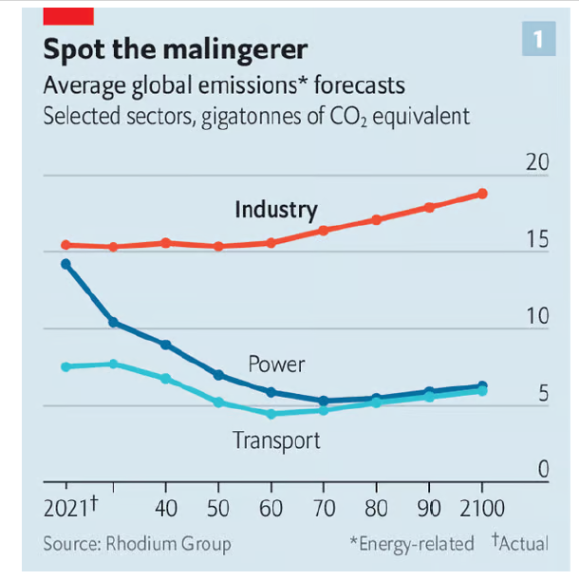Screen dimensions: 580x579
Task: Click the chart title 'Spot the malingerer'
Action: pos(176,48)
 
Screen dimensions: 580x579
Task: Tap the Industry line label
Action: pos(276,210)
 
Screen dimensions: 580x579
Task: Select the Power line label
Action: pos(276,364)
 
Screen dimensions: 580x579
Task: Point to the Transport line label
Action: pos(276,440)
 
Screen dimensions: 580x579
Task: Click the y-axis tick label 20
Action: pos(537,162)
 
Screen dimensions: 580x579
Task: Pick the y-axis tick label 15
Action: pos(537,239)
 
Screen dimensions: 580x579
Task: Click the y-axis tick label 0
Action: pos(543,470)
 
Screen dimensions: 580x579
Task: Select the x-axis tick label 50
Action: pos(218,508)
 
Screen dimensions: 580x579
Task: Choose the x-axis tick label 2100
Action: pos(482,508)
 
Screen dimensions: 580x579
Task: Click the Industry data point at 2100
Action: pos(482,194)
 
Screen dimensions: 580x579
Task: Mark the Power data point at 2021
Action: pos(65,264)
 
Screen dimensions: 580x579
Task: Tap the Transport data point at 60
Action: pos(271,414)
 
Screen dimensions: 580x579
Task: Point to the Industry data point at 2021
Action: pos(65,245)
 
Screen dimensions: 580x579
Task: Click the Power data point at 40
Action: pos(166,345)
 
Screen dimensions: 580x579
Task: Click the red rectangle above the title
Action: pos(68,15)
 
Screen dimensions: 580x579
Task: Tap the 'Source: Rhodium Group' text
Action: pos(137,544)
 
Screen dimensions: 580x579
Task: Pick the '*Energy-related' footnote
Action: pos(411,544)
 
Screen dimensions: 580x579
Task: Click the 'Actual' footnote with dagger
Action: pos(520,543)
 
